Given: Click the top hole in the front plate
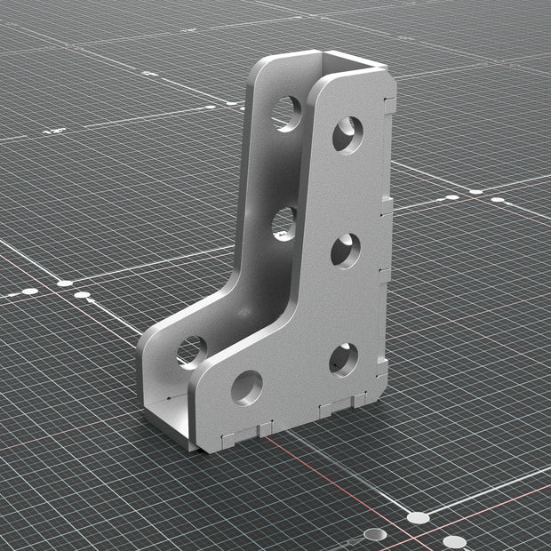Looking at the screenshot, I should click(347, 133).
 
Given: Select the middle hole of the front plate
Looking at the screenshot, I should click(346, 251).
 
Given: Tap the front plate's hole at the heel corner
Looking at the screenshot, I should click(344, 359).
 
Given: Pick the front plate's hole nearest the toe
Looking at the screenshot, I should click(246, 387).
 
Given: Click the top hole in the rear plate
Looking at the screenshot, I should click(286, 113).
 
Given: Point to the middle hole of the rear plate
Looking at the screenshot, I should click(283, 222).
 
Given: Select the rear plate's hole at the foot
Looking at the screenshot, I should click(190, 350).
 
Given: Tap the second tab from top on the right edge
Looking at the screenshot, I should click(387, 207).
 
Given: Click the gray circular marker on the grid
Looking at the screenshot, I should click(376, 534).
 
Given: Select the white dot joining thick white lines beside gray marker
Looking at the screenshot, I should click(418, 517).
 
